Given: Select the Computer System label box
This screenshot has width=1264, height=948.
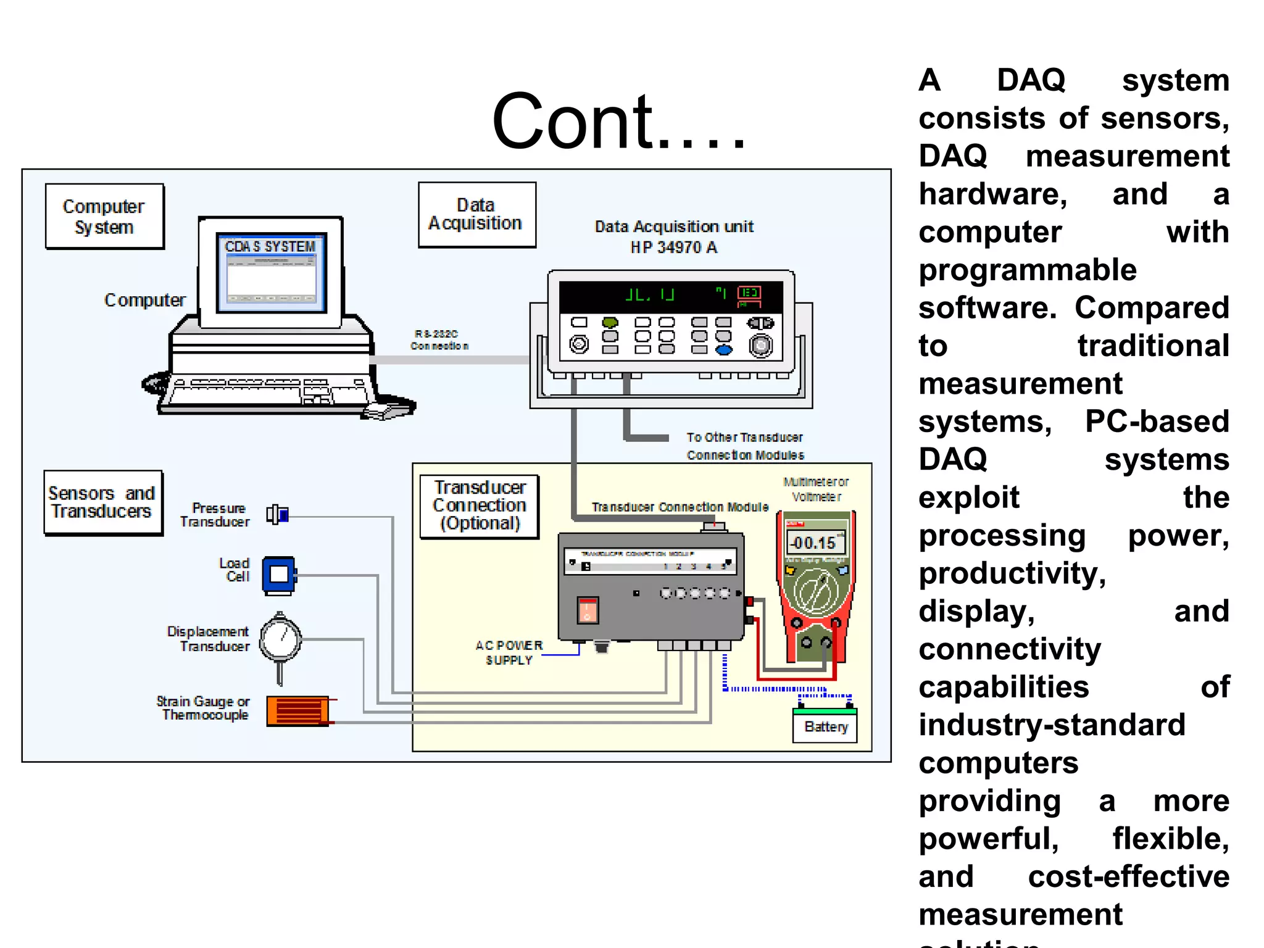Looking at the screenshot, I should click(x=104, y=217).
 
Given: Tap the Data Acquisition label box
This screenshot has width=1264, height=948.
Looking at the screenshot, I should click(x=476, y=215).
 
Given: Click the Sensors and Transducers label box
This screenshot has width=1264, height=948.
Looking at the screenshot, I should click(x=102, y=502).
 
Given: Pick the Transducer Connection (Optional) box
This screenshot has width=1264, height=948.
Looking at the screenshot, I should click(x=480, y=506).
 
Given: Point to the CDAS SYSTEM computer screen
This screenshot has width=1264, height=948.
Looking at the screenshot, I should click(x=271, y=272).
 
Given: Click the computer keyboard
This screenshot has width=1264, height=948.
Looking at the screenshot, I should click(x=265, y=392).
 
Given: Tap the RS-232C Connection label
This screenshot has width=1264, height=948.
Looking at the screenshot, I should click(x=439, y=340).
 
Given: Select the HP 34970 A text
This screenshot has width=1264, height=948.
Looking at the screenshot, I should click(x=673, y=247).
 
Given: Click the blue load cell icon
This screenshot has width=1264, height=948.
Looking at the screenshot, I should click(x=279, y=575).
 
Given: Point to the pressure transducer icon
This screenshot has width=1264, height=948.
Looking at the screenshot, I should click(x=278, y=514).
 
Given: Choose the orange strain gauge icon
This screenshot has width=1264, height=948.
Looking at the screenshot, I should click(x=298, y=711).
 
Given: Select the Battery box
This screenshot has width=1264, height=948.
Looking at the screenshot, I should click(x=825, y=727).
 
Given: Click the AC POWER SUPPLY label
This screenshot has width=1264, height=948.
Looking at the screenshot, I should click(x=509, y=652).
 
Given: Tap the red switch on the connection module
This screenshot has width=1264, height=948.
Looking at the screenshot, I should click(x=588, y=610).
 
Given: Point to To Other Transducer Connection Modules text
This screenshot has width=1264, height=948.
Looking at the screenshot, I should click(x=745, y=446).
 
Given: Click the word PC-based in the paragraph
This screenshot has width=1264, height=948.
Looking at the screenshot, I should click(x=1157, y=422).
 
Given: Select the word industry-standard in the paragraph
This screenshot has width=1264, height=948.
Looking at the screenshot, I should click(x=1052, y=725).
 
